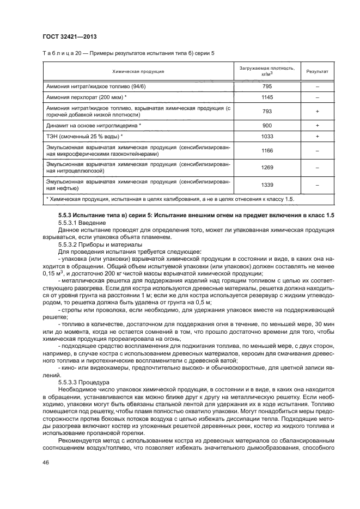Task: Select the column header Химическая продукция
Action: click(x=138, y=71)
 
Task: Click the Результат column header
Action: click(x=316, y=71)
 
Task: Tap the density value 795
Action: click(x=267, y=87)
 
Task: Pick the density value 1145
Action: click(x=267, y=97)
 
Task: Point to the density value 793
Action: click(x=267, y=111)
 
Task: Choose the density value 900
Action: click(x=267, y=125)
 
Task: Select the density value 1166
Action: click(x=267, y=150)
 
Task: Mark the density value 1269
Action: click(x=267, y=167)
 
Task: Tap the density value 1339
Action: click(x=267, y=185)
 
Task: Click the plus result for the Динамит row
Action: click(x=316, y=125)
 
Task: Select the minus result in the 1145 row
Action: click(x=316, y=97)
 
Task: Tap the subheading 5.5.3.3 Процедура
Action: click(x=80, y=383)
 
